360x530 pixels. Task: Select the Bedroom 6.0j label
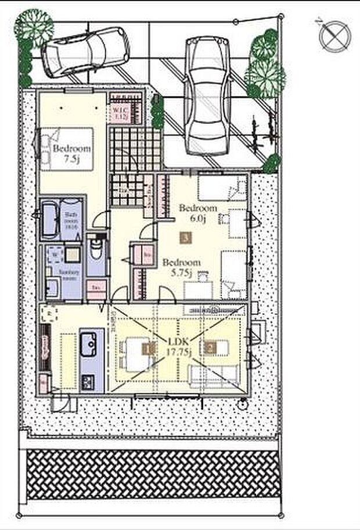(x=197, y=213)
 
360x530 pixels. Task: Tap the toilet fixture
(x=96, y=252)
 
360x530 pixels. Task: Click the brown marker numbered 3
(x=185, y=237)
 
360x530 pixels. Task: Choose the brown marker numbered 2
(x=210, y=349)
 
